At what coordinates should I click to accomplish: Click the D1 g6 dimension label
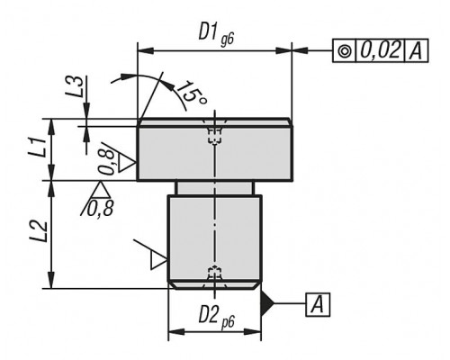[216, 35]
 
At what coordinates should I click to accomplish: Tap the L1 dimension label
[38, 147]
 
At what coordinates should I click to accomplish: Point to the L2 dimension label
[39, 231]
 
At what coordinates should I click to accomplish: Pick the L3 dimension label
[74, 86]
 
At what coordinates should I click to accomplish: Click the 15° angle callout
[191, 93]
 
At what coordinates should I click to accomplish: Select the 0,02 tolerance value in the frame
[381, 50]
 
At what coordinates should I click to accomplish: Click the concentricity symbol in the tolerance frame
[345, 51]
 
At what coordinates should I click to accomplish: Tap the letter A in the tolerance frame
[417, 51]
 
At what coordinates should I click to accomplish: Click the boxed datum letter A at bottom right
[318, 305]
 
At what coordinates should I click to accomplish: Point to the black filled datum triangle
[267, 303]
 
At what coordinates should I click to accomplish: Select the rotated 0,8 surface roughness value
[107, 162]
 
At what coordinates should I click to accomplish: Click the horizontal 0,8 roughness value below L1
[100, 208]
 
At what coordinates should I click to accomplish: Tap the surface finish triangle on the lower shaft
[158, 260]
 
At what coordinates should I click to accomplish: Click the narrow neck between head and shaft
[215, 188]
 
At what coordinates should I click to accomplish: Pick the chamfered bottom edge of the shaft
[215, 285]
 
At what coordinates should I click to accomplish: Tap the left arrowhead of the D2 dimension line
[176, 332]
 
